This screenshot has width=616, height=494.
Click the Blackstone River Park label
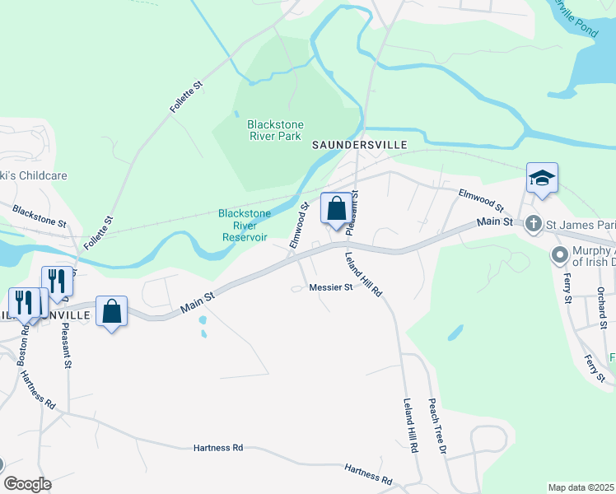pos(274,130)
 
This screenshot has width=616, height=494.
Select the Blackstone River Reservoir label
pos(244,225)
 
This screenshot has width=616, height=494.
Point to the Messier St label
pos(330,287)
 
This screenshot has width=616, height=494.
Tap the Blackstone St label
pos(39,217)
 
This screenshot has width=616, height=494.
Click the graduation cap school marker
pos(543,178)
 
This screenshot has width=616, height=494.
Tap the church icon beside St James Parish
pos(534,222)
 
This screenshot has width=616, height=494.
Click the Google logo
pos(27,484)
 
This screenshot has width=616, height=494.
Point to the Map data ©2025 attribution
pos(581,487)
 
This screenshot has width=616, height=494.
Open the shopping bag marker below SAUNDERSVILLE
pos(336,208)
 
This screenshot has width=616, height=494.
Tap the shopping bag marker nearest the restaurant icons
pos(111,311)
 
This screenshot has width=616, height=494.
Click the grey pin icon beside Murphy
pos(561,255)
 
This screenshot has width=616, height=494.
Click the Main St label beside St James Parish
pos(496,222)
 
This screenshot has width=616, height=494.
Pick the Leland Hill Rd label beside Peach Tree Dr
pos(409,427)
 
